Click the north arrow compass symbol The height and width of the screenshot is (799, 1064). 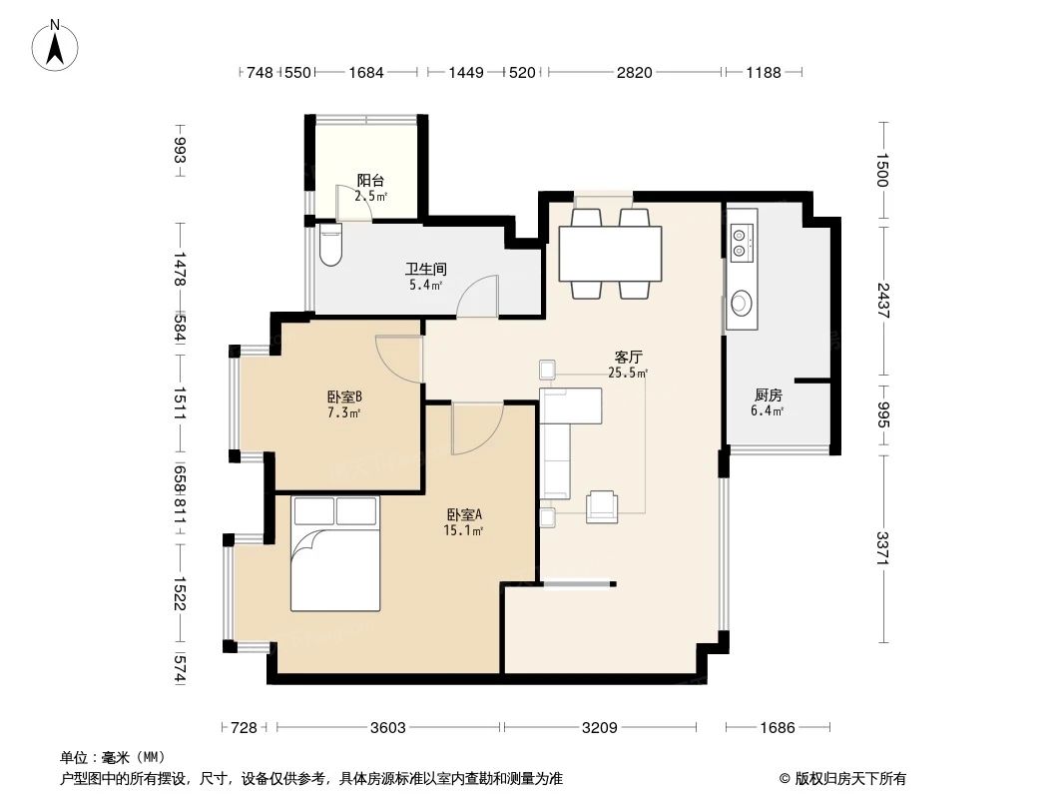(57, 44)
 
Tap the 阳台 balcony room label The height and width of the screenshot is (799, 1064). (370, 181)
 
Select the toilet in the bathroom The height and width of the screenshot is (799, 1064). (329, 246)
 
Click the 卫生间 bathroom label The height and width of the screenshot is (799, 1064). (425, 269)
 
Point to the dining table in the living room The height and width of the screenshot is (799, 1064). (610, 255)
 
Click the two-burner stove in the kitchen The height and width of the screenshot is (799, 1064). (742, 238)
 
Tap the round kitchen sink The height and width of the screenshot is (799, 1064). (742, 302)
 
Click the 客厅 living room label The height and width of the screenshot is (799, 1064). (627, 356)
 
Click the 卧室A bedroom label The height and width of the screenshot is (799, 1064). (464, 514)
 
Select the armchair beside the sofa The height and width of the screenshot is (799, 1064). (602, 506)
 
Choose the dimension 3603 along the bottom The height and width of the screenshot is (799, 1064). (387, 727)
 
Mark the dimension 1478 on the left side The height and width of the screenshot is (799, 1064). (180, 271)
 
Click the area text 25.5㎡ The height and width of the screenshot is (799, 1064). (628, 374)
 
